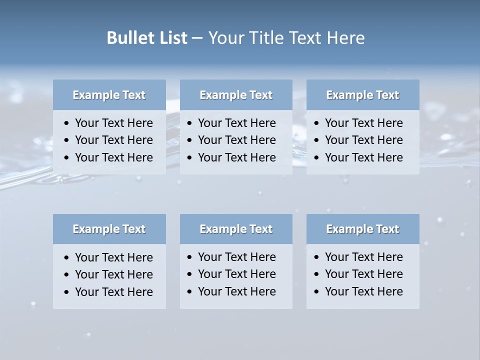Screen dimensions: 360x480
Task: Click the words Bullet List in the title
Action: coord(147,38)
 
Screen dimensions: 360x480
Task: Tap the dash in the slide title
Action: coord(197,38)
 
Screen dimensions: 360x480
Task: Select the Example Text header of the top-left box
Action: coord(109,95)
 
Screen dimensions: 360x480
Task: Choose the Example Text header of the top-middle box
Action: coord(236,95)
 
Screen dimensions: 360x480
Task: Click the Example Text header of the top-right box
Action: coord(362,95)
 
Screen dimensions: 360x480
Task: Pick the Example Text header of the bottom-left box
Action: coord(109,229)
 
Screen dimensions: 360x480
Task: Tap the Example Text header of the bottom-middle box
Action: coord(236,229)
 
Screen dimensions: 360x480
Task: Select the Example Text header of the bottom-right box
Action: coord(362,229)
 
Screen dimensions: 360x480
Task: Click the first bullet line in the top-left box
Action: coord(113,123)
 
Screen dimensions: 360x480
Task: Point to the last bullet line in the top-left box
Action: coord(113,157)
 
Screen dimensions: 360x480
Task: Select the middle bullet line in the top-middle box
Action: coord(236,140)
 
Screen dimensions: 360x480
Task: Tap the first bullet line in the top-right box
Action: coord(363,123)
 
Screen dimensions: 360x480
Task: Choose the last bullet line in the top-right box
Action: coord(363,157)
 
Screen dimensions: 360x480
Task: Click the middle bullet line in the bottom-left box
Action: coord(113,274)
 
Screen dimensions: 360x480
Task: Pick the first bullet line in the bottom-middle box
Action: coord(236,257)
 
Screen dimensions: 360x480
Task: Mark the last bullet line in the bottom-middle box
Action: coord(236,291)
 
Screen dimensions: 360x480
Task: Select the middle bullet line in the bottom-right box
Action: coord(363,274)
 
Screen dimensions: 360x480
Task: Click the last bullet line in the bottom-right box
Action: coord(363,291)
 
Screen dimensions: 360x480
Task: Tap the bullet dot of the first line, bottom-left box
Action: coord(67,258)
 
